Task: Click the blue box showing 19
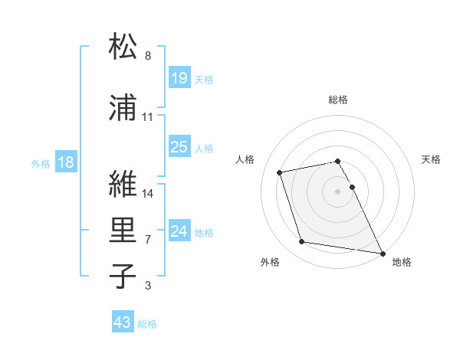pyautogui.click(x=179, y=78)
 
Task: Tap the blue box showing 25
pyautogui.click(x=179, y=147)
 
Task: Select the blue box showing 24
pyautogui.click(x=179, y=231)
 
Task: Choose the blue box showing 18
pyautogui.click(x=65, y=162)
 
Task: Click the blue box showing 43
pyautogui.click(x=123, y=322)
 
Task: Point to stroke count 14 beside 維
pyautogui.click(x=149, y=194)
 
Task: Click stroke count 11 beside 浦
pyautogui.click(x=148, y=117)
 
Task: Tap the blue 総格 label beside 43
pyautogui.click(x=147, y=324)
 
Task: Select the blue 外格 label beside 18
pyautogui.click(x=41, y=163)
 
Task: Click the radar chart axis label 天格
pyautogui.click(x=432, y=159)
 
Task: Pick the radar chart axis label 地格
pyautogui.click(x=402, y=262)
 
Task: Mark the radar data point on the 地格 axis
pyautogui.click(x=382, y=252)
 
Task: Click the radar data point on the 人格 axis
pyautogui.click(x=280, y=172)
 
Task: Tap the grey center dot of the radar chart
pyautogui.click(x=337, y=191)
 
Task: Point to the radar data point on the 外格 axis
pyautogui.click(x=302, y=242)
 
